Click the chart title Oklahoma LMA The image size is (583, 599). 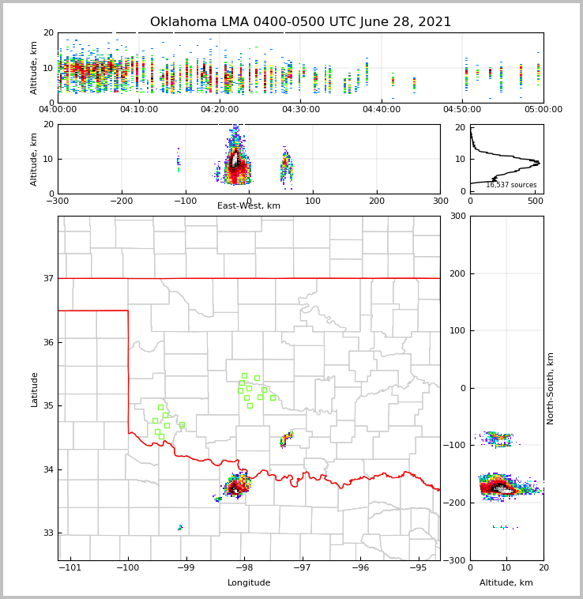click(x=300, y=22)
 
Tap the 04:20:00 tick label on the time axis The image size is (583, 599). click(x=220, y=110)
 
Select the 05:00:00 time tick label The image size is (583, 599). click(x=543, y=110)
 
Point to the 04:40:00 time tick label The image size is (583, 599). click(x=382, y=110)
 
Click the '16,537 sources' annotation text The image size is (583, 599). click(x=511, y=185)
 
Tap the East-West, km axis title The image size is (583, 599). click(x=249, y=206)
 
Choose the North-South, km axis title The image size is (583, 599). click(x=551, y=388)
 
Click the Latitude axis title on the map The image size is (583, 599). click(x=35, y=389)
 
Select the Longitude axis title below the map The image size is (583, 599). click(x=249, y=583)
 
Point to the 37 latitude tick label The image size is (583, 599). click(x=47, y=278)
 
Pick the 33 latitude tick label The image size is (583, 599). click(x=47, y=533)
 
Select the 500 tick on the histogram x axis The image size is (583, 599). click(x=536, y=201)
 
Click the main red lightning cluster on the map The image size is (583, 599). click(x=237, y=487)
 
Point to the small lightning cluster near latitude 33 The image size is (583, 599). click(x=180, y=527)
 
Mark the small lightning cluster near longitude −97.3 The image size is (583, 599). click(x=286, y=439)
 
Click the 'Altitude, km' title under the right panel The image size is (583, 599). click(x=506, y=583)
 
